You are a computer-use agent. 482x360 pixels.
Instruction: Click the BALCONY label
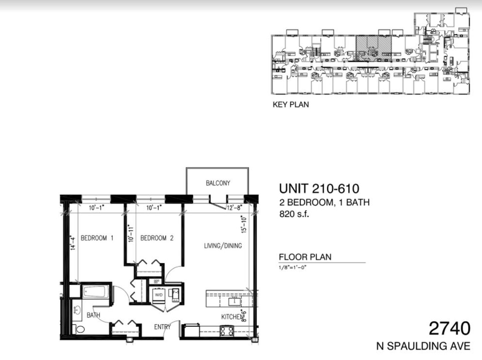coord(218,183)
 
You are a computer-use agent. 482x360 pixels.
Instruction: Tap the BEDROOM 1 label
coord(97,238)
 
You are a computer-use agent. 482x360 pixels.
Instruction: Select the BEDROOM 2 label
coord(157,238)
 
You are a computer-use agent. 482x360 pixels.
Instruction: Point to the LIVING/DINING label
coord(223,246)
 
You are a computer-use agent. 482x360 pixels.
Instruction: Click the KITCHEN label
coord(232,317)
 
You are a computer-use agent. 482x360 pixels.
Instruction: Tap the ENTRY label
coord(162,327)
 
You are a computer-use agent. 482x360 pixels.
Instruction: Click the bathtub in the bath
coord(96,291)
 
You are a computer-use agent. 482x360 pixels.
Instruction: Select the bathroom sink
coord(77,310)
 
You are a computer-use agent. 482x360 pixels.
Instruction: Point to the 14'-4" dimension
coord(73,243)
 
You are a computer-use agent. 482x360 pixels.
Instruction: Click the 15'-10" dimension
coord(244,225)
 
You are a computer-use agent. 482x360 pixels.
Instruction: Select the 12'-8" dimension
coord(235,208)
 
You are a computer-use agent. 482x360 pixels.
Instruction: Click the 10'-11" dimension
coord(131,233)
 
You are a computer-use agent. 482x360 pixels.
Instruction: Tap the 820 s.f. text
coord(294,214)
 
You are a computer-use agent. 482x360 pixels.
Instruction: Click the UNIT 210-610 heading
coord(319,189)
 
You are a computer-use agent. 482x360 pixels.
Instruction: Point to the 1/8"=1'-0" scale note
coord(292,268)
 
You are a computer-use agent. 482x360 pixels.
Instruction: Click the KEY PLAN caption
coord(291,105)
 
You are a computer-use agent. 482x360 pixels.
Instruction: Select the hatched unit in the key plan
coord(373,48)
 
